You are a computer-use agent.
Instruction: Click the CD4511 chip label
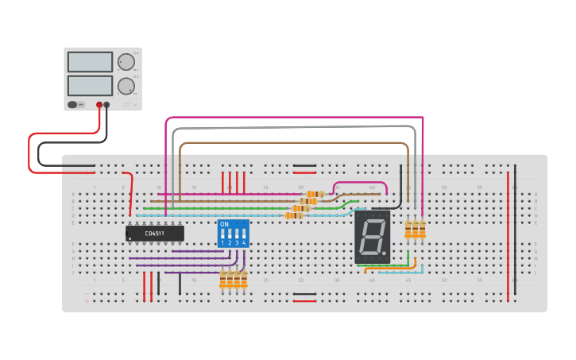point(155,233)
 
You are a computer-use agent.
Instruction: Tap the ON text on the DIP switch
point(224,225)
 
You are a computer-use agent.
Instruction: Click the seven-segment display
point(373,237)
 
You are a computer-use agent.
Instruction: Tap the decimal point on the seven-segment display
point(386,254)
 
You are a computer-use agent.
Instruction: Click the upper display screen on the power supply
point(90,61)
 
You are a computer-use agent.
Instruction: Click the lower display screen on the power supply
point(90,85)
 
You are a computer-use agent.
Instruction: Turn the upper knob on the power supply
point(126,62)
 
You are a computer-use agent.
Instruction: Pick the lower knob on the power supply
point(126,86)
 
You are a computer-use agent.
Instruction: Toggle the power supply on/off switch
point(74,104)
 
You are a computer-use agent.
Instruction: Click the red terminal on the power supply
point(99,104)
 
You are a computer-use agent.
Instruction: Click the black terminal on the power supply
point(107,104)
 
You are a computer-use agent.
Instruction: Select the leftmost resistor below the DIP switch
point(223,279)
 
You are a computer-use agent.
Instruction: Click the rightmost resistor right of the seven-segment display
point(422,230)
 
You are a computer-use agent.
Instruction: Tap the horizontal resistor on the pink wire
point(316,194)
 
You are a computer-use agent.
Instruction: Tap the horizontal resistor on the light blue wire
point(296,215)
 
